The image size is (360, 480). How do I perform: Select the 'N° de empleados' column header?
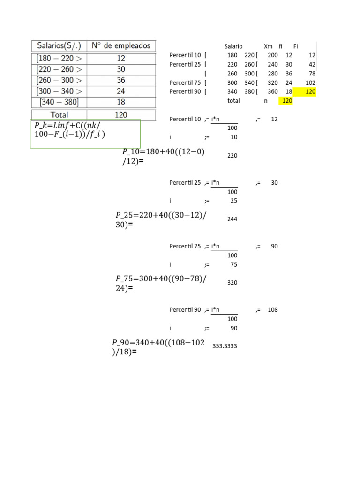tap(121, 46)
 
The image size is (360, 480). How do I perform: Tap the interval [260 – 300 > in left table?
tap(59, 80)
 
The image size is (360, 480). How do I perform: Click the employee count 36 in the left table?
tap(121, 80)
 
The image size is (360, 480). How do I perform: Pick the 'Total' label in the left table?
tap(59, 114)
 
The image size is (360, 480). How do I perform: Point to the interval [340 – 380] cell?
tap(59, 102)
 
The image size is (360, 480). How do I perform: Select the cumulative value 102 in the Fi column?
tap(310, 82)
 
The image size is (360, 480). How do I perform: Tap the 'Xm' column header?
tap(268, 46)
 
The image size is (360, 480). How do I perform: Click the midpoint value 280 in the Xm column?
tap(272, 74)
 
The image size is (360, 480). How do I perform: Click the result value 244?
tap(232, 219)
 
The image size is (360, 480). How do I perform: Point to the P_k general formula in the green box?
tap(69, 130)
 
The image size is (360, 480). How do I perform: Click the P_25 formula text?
tap(161, 219)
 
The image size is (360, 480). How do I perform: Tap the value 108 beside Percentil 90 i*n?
tap(273, 310)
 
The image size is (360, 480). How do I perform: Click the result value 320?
tap(232, 283)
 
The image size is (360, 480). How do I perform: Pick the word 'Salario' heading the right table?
tap(233, 46)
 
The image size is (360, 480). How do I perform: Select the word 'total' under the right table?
tap(233, 101)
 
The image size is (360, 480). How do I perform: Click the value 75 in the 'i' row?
tap(233, 264)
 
